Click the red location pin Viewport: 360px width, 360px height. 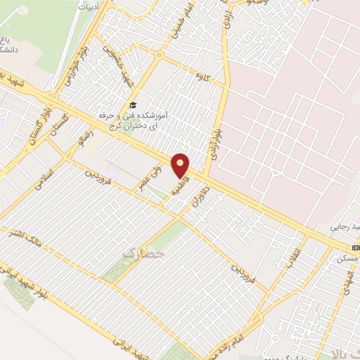(x=181, y=166)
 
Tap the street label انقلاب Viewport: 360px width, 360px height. (x=296, y=257)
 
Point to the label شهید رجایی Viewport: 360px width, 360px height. (x=345, y=228)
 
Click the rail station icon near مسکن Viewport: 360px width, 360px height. (x=356, y=247)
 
